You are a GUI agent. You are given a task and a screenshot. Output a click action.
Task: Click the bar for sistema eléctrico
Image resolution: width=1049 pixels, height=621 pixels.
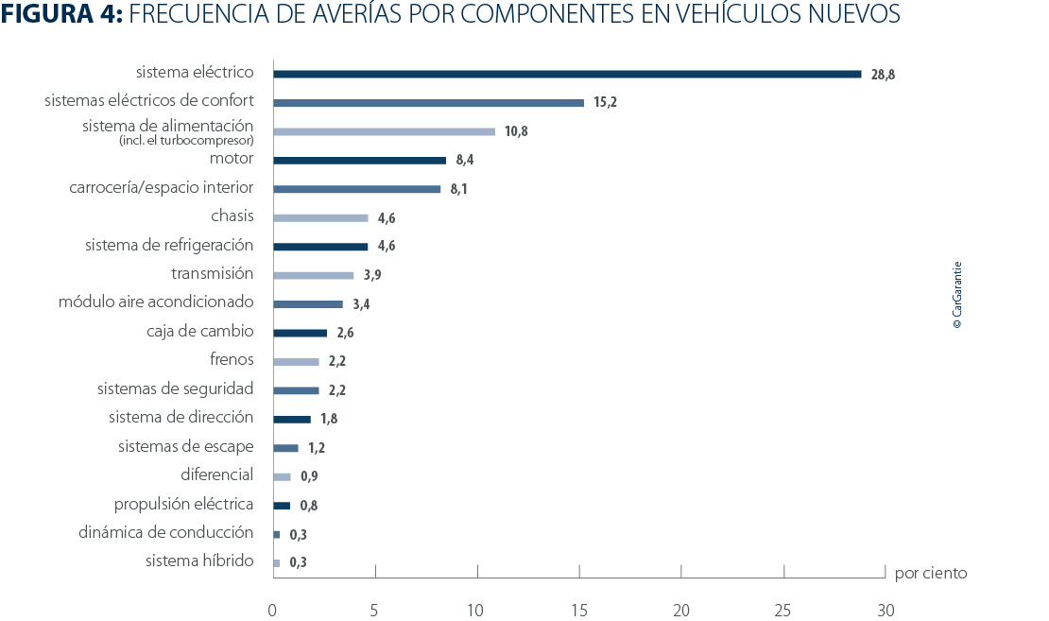567,74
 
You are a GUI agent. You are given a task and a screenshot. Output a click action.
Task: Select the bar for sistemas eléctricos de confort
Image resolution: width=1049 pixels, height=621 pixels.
428,102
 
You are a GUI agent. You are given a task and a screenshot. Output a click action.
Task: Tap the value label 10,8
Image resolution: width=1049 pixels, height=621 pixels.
516,131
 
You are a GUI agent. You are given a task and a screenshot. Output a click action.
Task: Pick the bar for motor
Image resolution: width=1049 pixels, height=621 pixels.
359,160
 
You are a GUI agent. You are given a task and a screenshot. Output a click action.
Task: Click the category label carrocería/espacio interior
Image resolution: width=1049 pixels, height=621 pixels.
161,188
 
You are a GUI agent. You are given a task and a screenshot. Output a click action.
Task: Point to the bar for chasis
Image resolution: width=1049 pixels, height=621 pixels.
320,217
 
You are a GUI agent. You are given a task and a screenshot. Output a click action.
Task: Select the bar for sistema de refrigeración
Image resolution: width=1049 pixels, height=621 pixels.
320,247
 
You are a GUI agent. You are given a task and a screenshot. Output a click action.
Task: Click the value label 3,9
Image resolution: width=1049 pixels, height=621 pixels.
372,275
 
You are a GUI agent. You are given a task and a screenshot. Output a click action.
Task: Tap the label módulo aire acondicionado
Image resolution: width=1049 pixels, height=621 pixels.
156,302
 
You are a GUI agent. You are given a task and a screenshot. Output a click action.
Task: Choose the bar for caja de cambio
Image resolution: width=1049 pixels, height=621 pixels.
300,333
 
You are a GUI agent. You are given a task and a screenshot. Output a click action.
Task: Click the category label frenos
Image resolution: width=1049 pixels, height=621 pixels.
232,359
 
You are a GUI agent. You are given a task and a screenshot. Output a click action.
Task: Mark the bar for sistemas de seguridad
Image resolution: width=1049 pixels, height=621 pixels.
296,390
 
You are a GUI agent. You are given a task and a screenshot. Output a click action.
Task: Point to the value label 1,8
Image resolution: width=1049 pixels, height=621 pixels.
329,419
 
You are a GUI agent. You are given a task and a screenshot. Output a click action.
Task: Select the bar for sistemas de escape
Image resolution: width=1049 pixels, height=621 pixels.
285,448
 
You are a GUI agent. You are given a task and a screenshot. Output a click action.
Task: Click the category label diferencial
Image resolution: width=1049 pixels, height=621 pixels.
216,474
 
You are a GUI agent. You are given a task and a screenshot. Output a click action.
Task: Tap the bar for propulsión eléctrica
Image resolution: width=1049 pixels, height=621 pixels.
282,506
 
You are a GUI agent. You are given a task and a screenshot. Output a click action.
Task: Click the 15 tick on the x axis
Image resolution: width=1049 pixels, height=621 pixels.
578,611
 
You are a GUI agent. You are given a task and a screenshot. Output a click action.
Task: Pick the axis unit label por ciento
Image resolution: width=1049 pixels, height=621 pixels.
931,574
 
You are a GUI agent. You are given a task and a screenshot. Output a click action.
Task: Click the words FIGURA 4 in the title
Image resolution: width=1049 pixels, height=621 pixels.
57,16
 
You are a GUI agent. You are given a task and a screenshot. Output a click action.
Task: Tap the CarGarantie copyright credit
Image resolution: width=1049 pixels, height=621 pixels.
957,295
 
